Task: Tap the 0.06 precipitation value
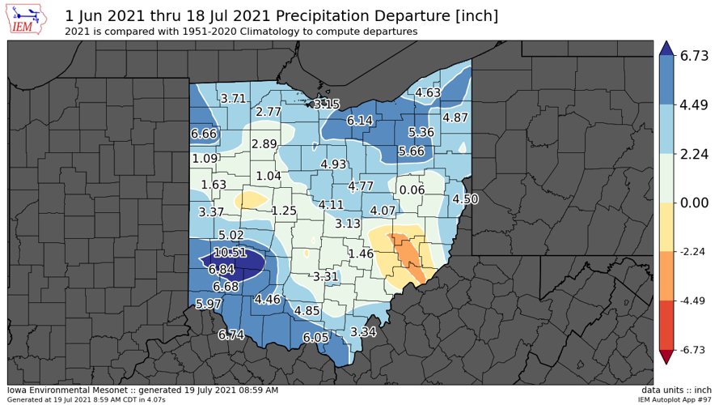[412, 190]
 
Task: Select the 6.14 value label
[360, 121]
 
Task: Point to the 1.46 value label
[360, 254]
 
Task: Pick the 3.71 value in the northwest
[233, 99]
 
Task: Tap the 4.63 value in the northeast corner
[428, 93]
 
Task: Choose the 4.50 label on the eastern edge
[465, 199]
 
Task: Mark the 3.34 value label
[363, 332]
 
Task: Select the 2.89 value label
[264, 144]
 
